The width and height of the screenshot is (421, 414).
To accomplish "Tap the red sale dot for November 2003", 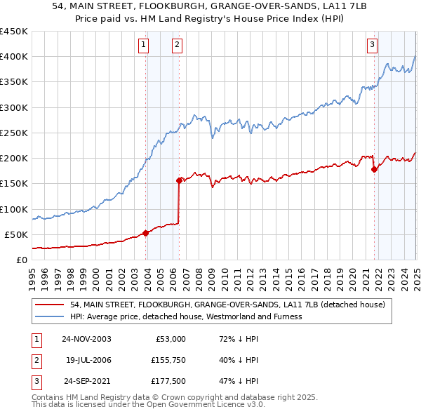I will coord(146,233).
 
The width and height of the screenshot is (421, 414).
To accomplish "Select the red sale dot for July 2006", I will coord(180,180).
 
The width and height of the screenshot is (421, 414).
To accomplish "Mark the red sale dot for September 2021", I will coord(374,169).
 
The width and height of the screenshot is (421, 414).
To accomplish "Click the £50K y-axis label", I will coord(16,234).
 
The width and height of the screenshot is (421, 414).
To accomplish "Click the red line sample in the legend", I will coord(49,305).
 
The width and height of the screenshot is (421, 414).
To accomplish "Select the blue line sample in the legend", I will coord(49,316).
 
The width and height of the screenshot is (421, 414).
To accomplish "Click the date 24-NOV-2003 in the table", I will coord(86,339).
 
